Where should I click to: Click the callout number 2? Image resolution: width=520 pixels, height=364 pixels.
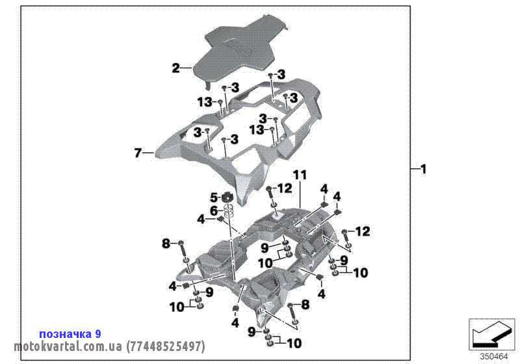[x=175, y=68]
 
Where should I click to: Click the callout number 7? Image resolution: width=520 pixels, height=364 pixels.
[x=138, y=153]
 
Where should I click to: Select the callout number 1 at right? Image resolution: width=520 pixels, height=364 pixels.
[x=423, y=170]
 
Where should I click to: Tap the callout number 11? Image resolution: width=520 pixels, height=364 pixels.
[x=299, y=175]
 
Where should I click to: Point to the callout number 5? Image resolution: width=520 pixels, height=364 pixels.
[x=213, y=197]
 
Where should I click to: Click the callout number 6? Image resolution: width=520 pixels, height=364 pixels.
[x=213, y=210]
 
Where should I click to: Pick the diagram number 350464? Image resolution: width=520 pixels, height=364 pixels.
[x=494, y=356]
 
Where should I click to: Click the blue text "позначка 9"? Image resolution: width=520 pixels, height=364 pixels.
[x=70, y=333]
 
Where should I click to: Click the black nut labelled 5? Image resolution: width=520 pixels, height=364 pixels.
[x=227, y=197]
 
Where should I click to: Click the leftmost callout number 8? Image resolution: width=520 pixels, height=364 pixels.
[x=166, y=243]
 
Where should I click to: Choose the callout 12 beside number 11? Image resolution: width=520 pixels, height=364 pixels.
[x=285, y=188]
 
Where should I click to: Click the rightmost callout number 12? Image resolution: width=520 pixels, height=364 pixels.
[x=362, y=231]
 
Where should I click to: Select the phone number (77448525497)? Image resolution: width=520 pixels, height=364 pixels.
[x=166, y=346]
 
